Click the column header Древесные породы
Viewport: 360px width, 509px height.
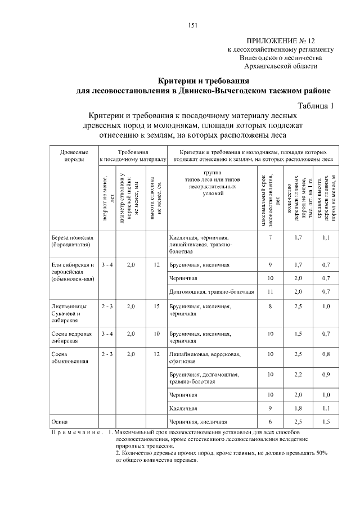coord(73,156)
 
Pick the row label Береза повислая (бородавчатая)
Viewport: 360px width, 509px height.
coord(71,242)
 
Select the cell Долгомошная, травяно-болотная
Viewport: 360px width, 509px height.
coord(211,292)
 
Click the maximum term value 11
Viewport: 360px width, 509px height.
coord(270,292)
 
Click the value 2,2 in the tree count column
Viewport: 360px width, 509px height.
coord(298,374)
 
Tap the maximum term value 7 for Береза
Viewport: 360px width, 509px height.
coord(270,238)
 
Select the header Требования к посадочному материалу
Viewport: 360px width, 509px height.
coord(133,156)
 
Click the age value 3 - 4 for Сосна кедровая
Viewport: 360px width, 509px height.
coord(107,334)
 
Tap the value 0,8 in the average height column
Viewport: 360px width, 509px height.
coord(326,354)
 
